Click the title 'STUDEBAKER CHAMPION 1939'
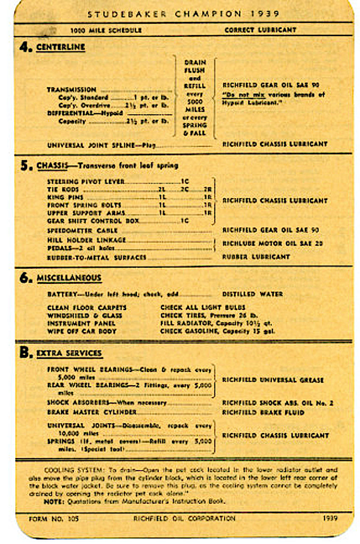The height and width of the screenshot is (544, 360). click(x=183, y=14)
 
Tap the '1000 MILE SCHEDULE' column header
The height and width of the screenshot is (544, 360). click(x=106, y=30)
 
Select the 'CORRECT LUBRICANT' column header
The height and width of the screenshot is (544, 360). click(x=260, y=30)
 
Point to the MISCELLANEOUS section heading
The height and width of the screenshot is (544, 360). click(x=69, y=278)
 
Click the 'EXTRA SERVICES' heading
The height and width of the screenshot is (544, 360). click(x=69, y=353)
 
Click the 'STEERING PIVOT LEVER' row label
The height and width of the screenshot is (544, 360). click(x=86, y=182)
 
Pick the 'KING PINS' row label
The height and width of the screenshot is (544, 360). click(x=65, y=197)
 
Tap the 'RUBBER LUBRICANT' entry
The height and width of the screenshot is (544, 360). click(x=256, y=257)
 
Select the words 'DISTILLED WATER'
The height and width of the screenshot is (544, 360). click(x=252, y=294)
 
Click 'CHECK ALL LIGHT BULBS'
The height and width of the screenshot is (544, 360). click(x=203, y=307)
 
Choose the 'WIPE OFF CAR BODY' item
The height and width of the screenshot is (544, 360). click(x=81, y=331)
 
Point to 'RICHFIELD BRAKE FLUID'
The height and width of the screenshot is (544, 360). click(x=263, y=412)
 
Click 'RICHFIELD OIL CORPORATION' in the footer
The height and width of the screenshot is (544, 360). click(x=184, y=518)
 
